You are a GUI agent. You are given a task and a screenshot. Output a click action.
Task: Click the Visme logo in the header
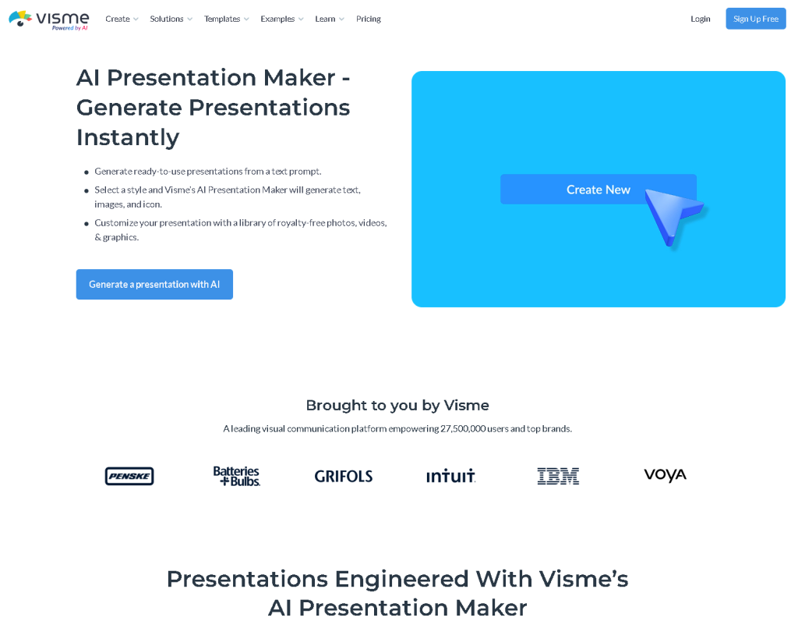pos(48,19)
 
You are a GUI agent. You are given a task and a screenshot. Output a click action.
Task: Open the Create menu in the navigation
pos(122,19)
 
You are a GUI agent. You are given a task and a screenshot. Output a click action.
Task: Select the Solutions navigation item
pos(171,19)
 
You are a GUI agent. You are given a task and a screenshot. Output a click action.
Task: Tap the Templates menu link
pos(226,19)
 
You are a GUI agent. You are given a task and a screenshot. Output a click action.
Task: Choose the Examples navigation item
pos(282,19)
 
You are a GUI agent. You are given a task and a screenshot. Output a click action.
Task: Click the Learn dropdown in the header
pos(329,19)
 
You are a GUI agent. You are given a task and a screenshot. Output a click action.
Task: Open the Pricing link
pos(369,19)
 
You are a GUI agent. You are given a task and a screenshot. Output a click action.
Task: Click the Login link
pos(700,19)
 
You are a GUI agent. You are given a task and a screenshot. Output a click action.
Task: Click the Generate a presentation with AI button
pos(154,284)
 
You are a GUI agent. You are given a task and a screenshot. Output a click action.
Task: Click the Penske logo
pos(129,476)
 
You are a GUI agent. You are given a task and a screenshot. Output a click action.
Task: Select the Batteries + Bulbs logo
pos(237,476)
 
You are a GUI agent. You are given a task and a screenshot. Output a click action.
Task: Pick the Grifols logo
pos(344,476)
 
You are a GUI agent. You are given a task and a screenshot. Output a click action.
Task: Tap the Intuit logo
pos(450,476)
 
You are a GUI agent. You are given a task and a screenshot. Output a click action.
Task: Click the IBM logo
pos(558,476)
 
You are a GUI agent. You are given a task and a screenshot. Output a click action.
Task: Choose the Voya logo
pos(665,475)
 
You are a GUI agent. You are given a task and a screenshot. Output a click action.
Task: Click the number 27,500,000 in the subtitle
pos(463,428)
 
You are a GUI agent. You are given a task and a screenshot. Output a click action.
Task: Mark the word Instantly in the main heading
pos(128,137)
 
